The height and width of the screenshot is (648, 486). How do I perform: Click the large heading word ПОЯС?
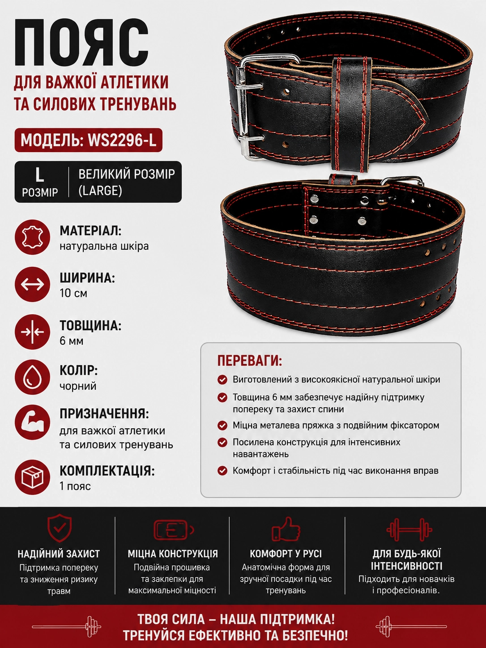pyautogui.click(x=81, y=43)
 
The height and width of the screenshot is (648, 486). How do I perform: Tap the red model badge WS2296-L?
pyautogui.click(x=88, y=140)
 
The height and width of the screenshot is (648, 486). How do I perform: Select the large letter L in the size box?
pyautogui.click(x=39, y=175)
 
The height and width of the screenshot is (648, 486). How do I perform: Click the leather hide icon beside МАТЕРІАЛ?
pyautogui.click(x=33, y=237)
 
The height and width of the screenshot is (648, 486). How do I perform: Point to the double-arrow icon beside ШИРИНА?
pyautogui.click(x=33, y=284)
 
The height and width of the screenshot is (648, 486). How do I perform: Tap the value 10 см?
pyautogui.click(x=73, y=293)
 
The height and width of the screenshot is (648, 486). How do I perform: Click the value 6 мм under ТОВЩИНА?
pyautogui.click(x=72, y=341)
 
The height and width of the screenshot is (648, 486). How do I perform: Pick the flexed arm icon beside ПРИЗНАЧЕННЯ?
pyautogui.click(x=33, y=422)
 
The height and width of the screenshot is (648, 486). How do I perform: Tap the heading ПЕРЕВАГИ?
pyautogui.click(x=250, y=360)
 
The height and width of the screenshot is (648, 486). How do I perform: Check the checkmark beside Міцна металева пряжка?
pyautogui.click(x=222, y=426)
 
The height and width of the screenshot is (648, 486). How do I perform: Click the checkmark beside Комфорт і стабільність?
pyautogui.click(x=222, y=471)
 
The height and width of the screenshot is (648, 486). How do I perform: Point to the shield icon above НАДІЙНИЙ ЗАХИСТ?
pyautogui.click(x=60, y=528)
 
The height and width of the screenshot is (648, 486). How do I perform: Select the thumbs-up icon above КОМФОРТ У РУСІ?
pyautogui.click(x=286, y=529)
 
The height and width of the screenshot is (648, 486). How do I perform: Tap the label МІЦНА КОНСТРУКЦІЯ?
pyautogui.click(x=173, y=554)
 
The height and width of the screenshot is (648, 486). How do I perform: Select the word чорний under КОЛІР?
pyautogui.click(x=78, y=386)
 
